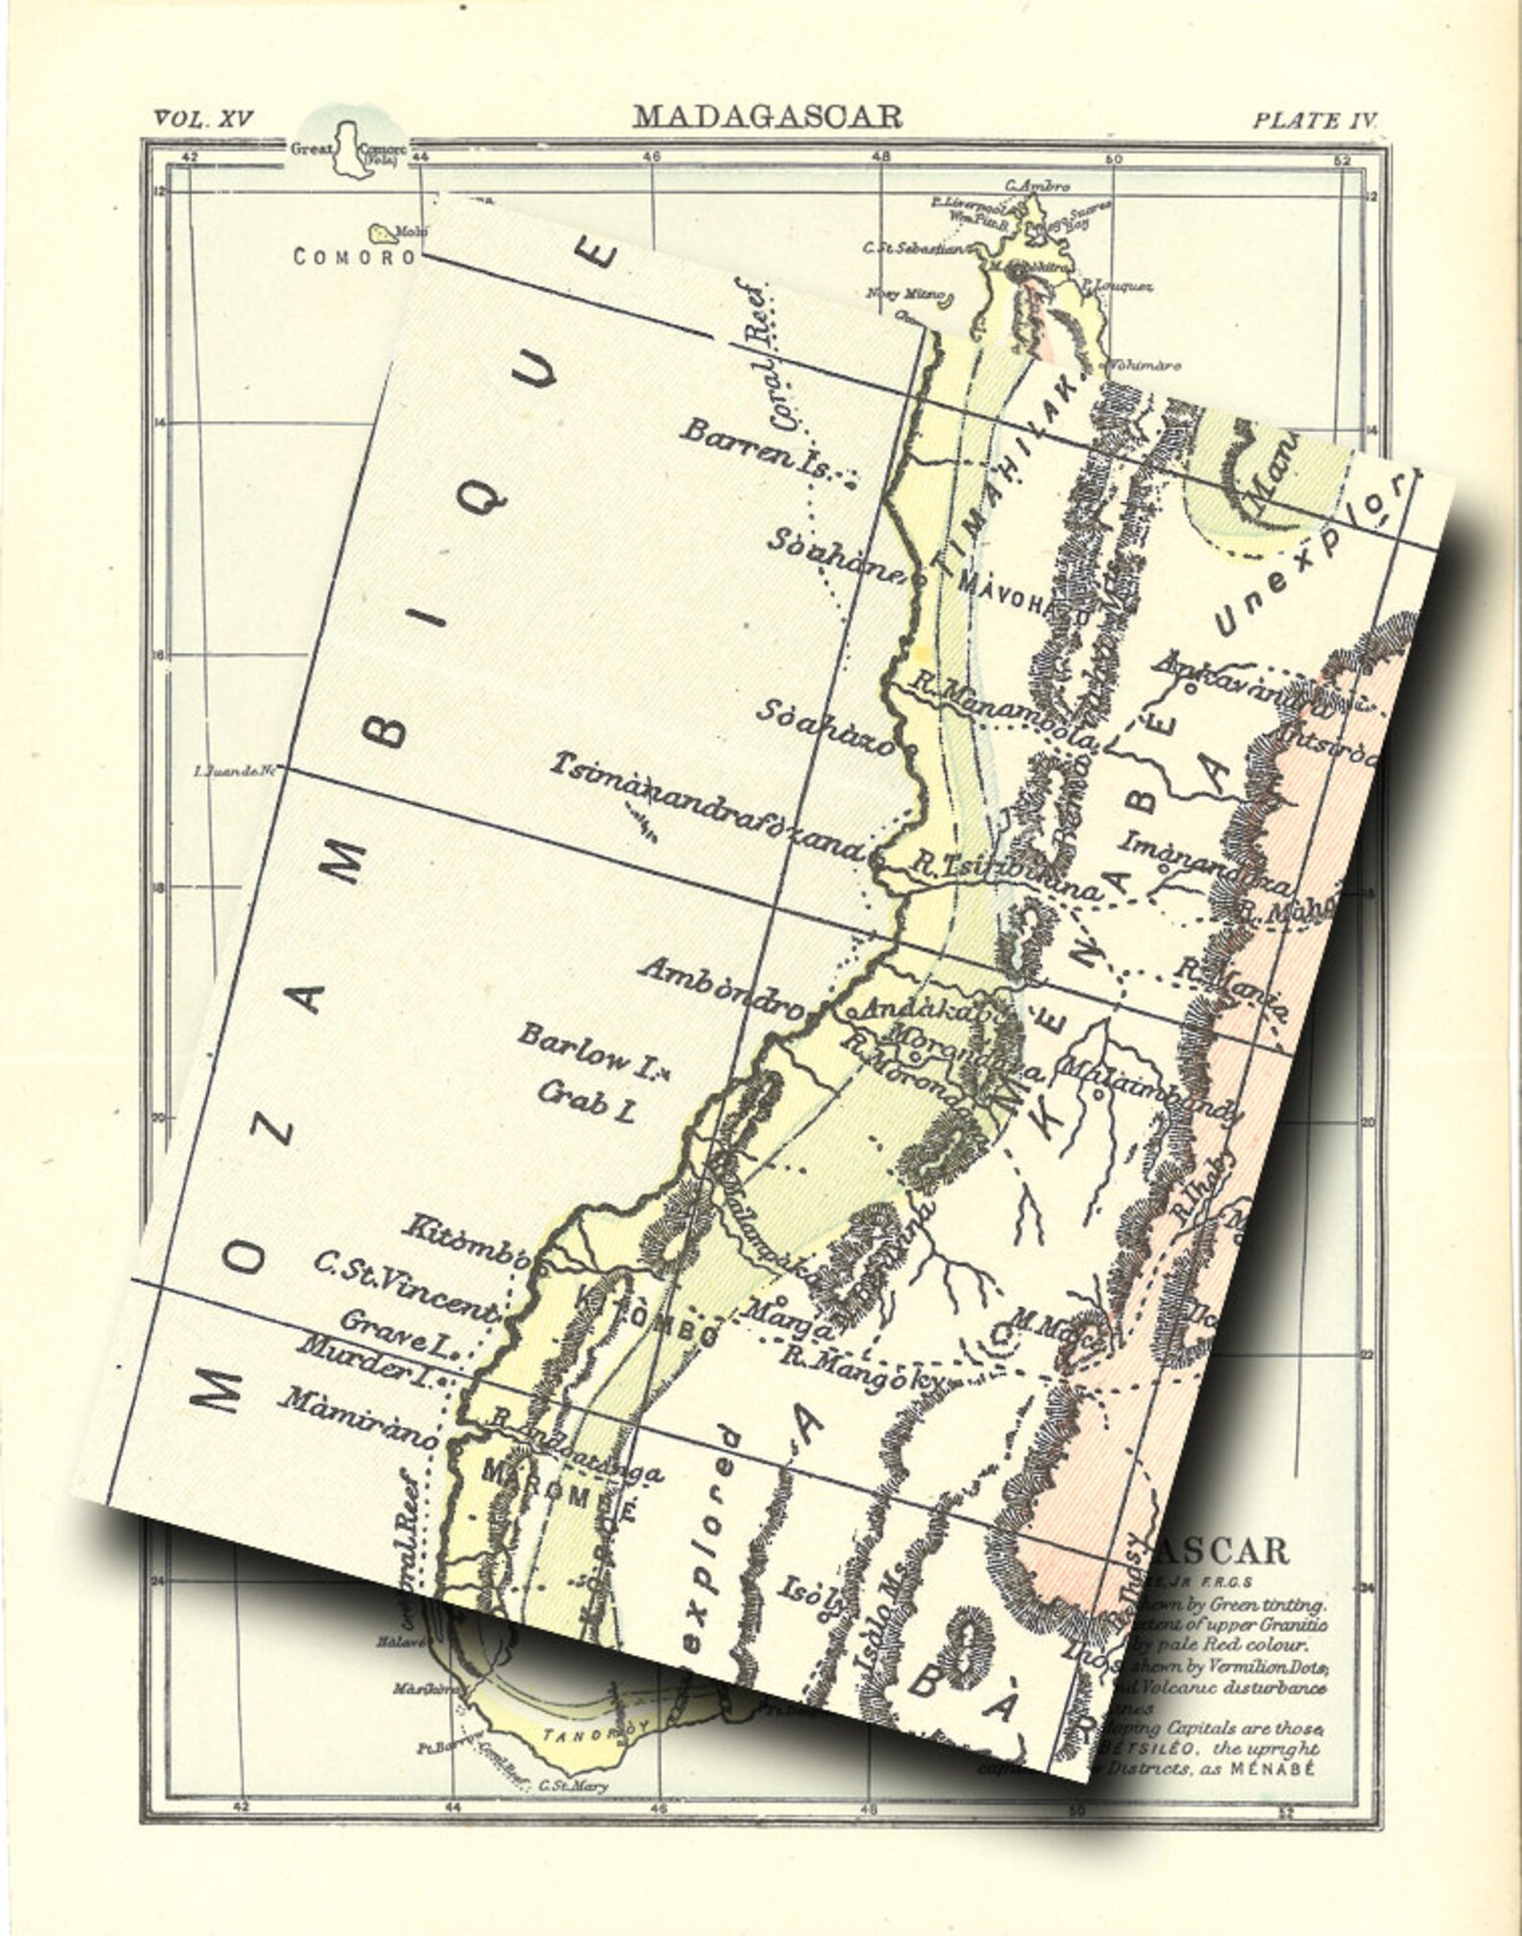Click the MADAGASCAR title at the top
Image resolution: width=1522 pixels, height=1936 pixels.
tap(767, 117)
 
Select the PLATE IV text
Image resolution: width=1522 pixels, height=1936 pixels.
tap(1315, 120)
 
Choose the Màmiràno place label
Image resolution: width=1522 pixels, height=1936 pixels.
tap(357, 1415)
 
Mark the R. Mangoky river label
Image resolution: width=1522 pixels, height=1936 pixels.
tap(863, 1367)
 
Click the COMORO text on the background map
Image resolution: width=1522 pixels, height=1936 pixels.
tap(354, 257)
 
